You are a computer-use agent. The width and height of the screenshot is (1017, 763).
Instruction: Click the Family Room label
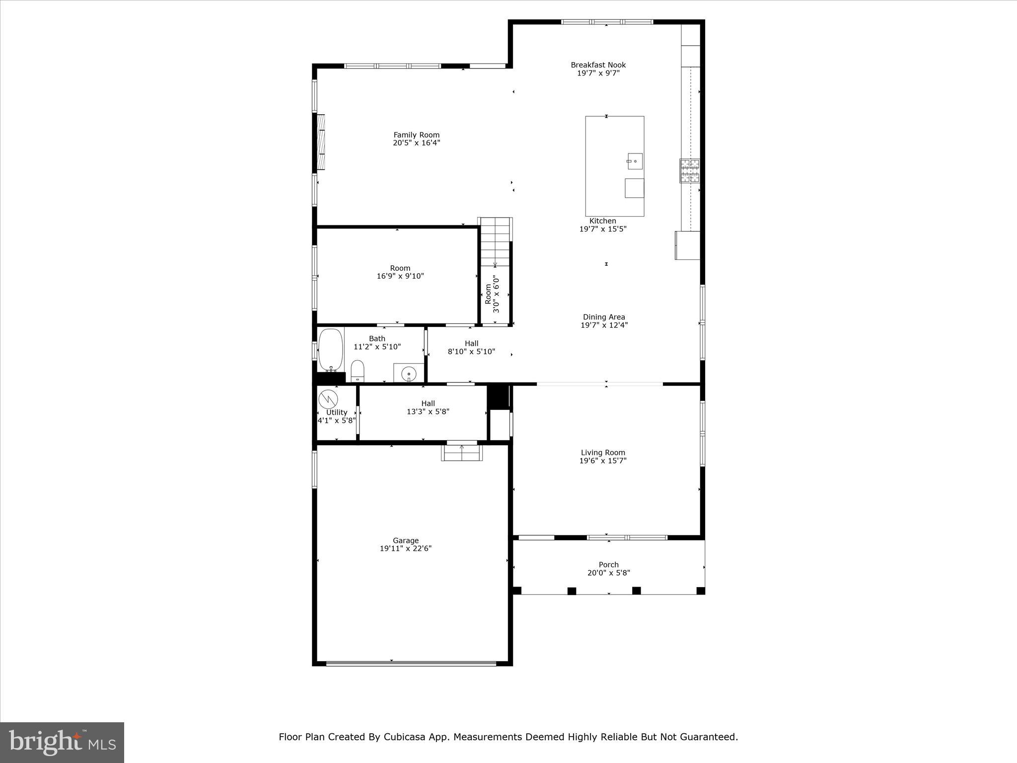tap(416, 135)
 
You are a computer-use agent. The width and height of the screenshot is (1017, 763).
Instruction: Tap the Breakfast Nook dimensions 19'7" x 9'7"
tap(598, 73)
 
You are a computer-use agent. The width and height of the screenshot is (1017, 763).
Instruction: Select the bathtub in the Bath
tap(331, 350)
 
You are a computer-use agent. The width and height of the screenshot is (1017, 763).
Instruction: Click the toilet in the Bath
tap(358, 371)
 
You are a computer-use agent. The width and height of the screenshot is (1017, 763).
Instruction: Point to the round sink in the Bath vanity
tap(409, 374)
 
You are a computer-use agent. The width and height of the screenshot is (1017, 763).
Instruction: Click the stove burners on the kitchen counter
tap(689, 170)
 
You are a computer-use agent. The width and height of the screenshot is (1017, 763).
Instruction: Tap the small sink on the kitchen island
tap(634, 161)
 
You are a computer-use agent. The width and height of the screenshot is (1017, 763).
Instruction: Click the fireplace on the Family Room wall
tap(321, 142)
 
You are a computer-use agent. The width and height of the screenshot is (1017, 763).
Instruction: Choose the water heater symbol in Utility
tap(328, 399)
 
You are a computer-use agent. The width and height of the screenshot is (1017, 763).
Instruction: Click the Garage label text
tap(406, 540)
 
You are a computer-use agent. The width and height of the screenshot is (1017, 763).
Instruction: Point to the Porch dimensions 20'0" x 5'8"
tap(608, 573)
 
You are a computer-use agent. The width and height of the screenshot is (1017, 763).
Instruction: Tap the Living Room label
tap(603, 453)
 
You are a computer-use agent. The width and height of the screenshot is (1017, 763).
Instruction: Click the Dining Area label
tap(604, 317)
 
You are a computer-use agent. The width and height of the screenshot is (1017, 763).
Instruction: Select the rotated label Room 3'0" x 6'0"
tap(492, 294)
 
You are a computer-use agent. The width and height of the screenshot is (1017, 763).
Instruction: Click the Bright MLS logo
tap(62, 743)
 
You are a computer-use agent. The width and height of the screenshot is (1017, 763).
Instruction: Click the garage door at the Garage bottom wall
tap(411, 663)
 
